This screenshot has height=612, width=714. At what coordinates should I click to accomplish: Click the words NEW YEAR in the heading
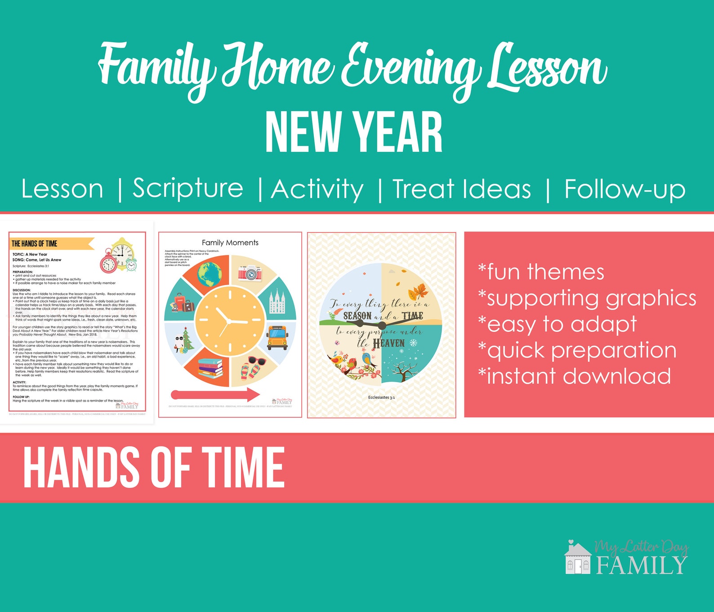(354, 134)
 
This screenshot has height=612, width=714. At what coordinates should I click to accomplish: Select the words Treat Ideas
(462, 189)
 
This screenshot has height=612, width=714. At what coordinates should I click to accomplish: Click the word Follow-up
(625, 189)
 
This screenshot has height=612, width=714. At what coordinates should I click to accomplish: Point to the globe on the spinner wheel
(209, 274)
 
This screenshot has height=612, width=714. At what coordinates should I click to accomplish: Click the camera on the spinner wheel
(250, 272)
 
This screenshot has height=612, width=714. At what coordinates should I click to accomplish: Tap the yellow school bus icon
(277, 337)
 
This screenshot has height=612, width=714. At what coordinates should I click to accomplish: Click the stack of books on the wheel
(210, 368)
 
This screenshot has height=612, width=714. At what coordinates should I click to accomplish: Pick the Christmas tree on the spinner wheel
(187, 340)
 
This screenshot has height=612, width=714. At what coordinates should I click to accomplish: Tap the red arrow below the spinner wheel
(215, 395)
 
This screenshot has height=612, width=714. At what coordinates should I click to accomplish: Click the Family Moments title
(230, 243)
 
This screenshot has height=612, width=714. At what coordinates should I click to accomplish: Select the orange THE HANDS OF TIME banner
(49, 244)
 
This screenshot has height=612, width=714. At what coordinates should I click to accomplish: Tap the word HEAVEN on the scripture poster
(389, 344)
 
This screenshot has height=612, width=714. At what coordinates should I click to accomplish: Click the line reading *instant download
(574, 376)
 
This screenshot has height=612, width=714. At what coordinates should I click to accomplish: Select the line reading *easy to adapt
(558, 324)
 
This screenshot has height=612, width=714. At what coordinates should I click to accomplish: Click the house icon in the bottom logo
(578, 558)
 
